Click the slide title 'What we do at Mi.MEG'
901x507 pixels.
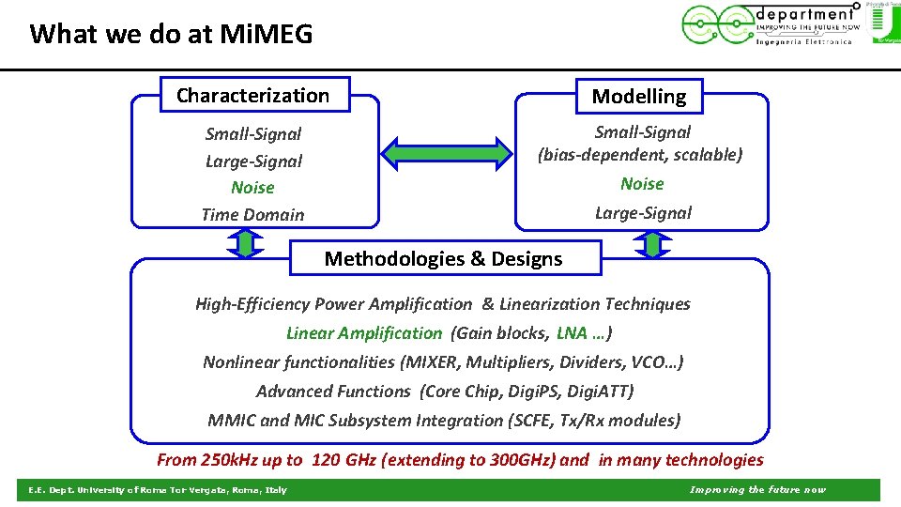click(x=171, y=35)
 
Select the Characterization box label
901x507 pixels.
click(x=253, y=95)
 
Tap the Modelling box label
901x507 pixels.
click(x=639, y=96)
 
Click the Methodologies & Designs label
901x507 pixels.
click(x=444, y=258)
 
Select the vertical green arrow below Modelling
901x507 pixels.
click(x=652, y=244)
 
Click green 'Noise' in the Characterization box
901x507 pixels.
click(x=252, y=188)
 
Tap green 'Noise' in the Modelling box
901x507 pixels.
click(x=642, y=184)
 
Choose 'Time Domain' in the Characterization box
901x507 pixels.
click(x=252, y=214)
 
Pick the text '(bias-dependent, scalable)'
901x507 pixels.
click(x=640, y=155)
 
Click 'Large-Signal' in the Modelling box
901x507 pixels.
click(x=643, y=212)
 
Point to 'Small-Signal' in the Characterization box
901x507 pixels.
click(x=253, y=134)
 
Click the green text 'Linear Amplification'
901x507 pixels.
click(x=363, y=333)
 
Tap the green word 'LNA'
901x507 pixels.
click(x=572, y=333)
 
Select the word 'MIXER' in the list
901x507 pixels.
click(x=430, y=362)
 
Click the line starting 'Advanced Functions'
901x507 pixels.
click(x=445, y=392)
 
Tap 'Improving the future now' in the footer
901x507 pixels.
click(x=757, y=490)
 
